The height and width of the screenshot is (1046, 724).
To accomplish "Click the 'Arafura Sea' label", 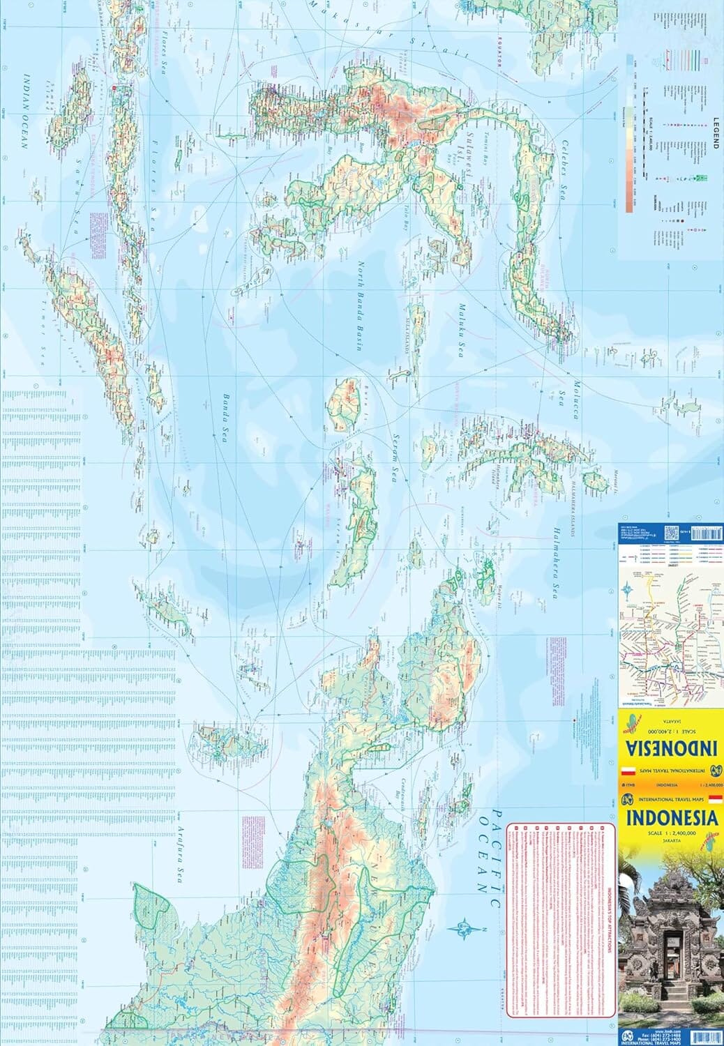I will point(179,855).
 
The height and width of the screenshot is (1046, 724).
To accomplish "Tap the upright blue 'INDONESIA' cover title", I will point(670,818).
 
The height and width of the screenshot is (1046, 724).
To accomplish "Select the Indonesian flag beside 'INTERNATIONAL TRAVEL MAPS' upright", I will point(714,799).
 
